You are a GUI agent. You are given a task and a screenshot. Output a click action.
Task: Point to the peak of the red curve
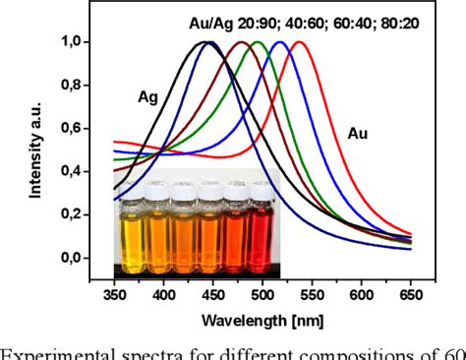295,42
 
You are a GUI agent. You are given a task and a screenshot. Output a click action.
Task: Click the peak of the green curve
259,42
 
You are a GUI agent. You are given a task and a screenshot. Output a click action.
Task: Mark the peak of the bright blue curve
280,42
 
